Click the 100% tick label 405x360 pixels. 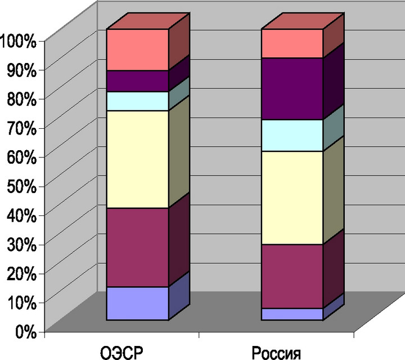18,41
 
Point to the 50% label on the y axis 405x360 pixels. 21,186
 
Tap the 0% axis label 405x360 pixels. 26,331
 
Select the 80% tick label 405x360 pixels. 21,99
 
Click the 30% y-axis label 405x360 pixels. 21,244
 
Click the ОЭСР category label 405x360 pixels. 121,353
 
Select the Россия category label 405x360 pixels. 276,353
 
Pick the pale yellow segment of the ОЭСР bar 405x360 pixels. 138,159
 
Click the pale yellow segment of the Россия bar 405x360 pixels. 292,197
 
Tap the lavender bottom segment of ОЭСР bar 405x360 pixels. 138,303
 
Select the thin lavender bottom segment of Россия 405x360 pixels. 292,314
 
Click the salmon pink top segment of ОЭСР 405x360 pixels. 138,49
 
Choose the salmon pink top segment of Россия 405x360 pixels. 292,43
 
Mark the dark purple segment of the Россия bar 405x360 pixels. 292,89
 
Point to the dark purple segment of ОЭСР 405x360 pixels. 138,81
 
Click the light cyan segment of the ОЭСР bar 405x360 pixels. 138,101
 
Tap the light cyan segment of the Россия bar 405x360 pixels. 292,136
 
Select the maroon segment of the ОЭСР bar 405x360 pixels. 138,247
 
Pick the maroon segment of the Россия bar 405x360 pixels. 292,276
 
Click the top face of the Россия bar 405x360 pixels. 303,21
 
